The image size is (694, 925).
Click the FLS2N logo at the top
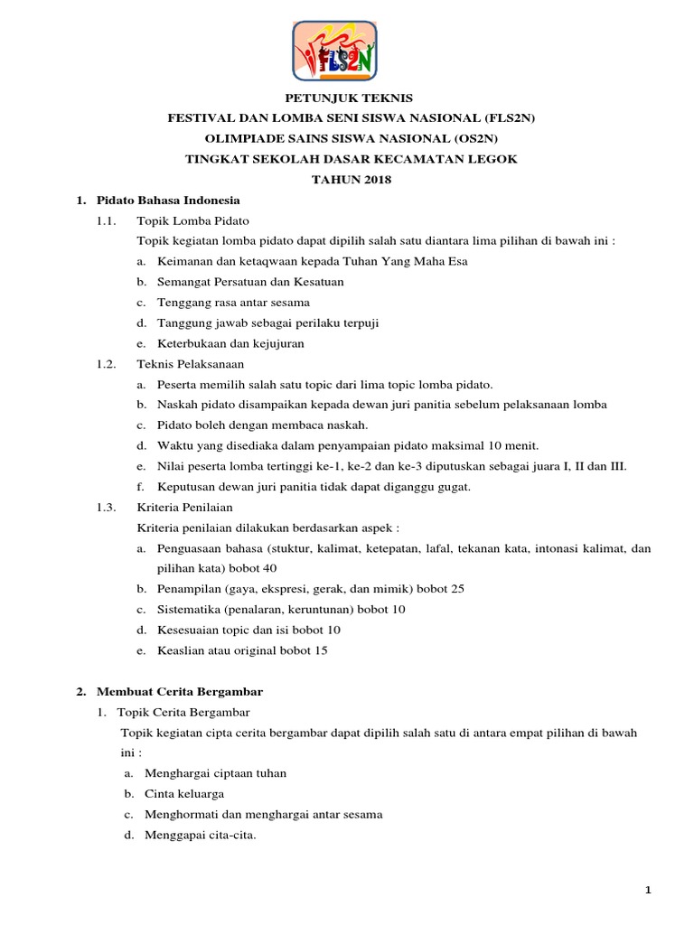point(334,51)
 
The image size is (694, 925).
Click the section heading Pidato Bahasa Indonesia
point(167,200)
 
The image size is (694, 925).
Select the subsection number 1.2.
point(107,364)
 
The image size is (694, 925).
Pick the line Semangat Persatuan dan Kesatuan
point(250,282)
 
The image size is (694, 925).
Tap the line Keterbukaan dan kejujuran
point(230,343)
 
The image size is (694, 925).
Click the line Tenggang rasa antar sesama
point(233,302)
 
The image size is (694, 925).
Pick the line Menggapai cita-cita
point(201,835)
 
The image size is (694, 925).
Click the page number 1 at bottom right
point(648,892)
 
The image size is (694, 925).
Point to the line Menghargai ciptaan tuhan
point(215,774)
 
